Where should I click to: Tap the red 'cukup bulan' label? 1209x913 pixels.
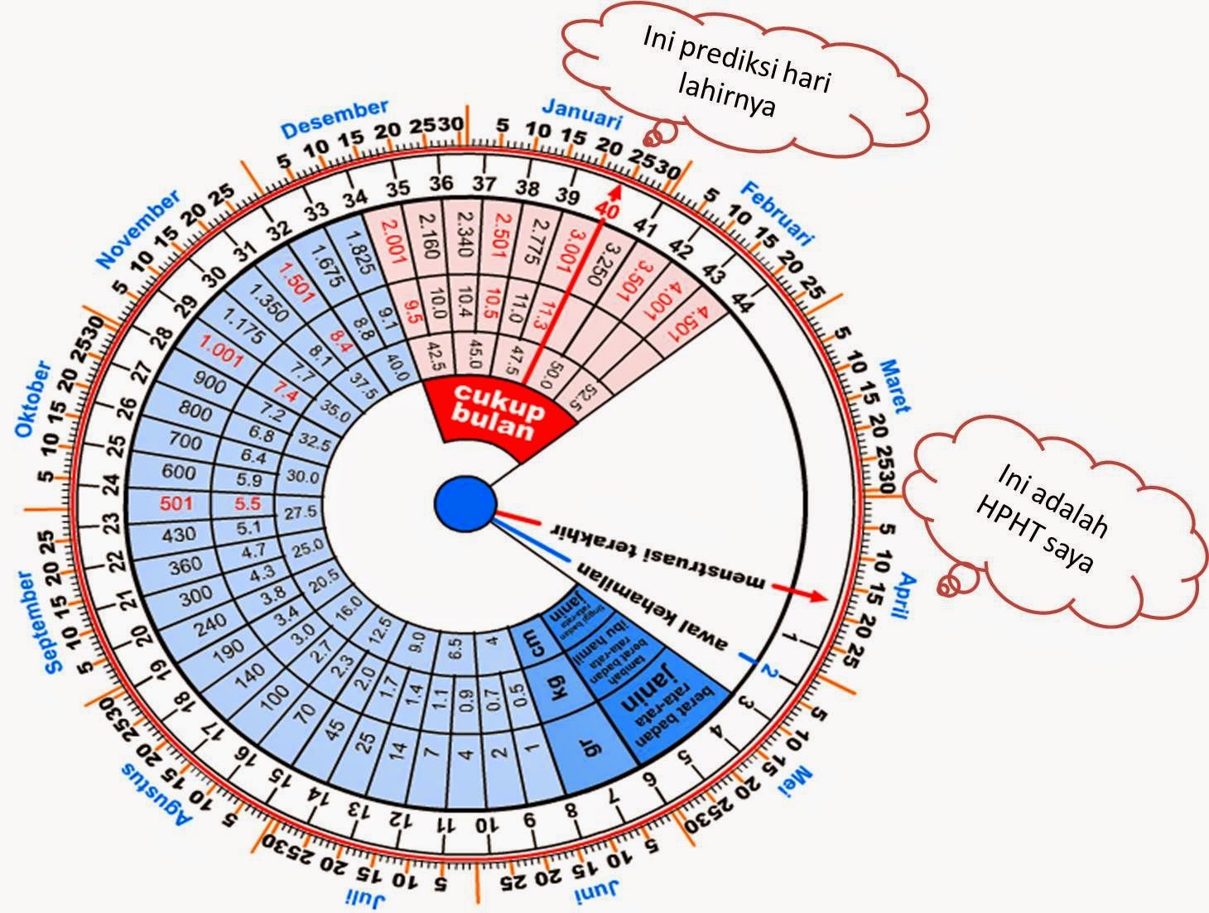pos(501,411)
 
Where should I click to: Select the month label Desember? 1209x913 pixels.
pos(335,120)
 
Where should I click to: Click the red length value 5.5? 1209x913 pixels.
pos(248,503)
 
